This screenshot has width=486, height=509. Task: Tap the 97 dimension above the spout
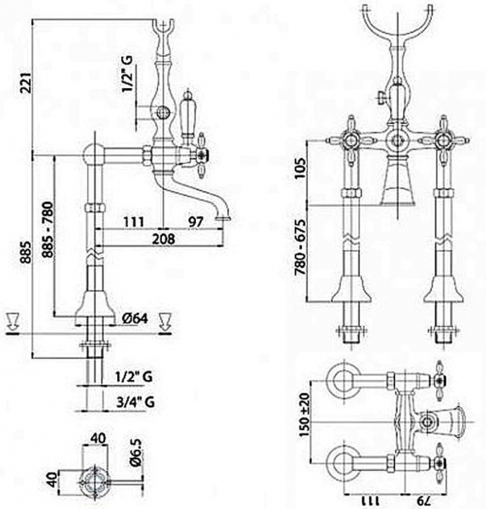pos(196,221)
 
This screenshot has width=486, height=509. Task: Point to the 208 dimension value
pos(165,239)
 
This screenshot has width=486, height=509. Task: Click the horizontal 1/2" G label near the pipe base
pos(133,376)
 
